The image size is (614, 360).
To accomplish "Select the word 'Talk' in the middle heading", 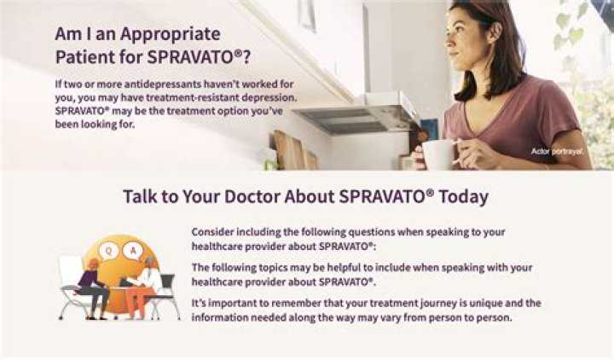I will click(141, 196).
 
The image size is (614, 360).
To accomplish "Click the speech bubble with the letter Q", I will click(107, 250).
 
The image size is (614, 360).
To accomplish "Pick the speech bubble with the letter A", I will click(133, 250).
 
